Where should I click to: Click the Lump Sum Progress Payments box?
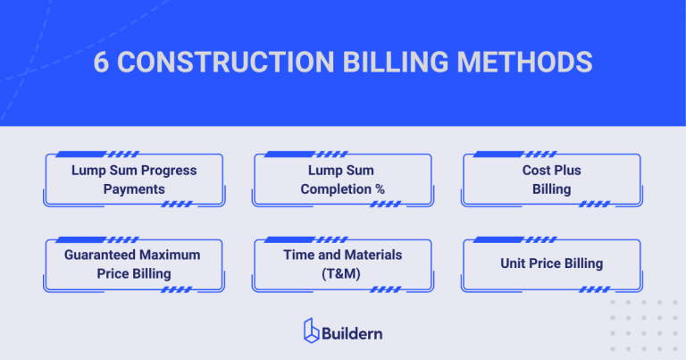coord(134,180)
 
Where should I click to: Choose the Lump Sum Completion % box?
coord(342,180)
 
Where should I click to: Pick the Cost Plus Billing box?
coord(551,180)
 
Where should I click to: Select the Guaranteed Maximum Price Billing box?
coord(134,264)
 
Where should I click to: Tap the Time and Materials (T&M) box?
coord(342,264)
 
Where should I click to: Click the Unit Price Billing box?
coord(551,264)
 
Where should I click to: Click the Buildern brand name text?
coord(355,332)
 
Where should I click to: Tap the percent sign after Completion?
coord(380,189)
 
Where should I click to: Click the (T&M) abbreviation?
coord(342,273)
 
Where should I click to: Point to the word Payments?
coord(134,189)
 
